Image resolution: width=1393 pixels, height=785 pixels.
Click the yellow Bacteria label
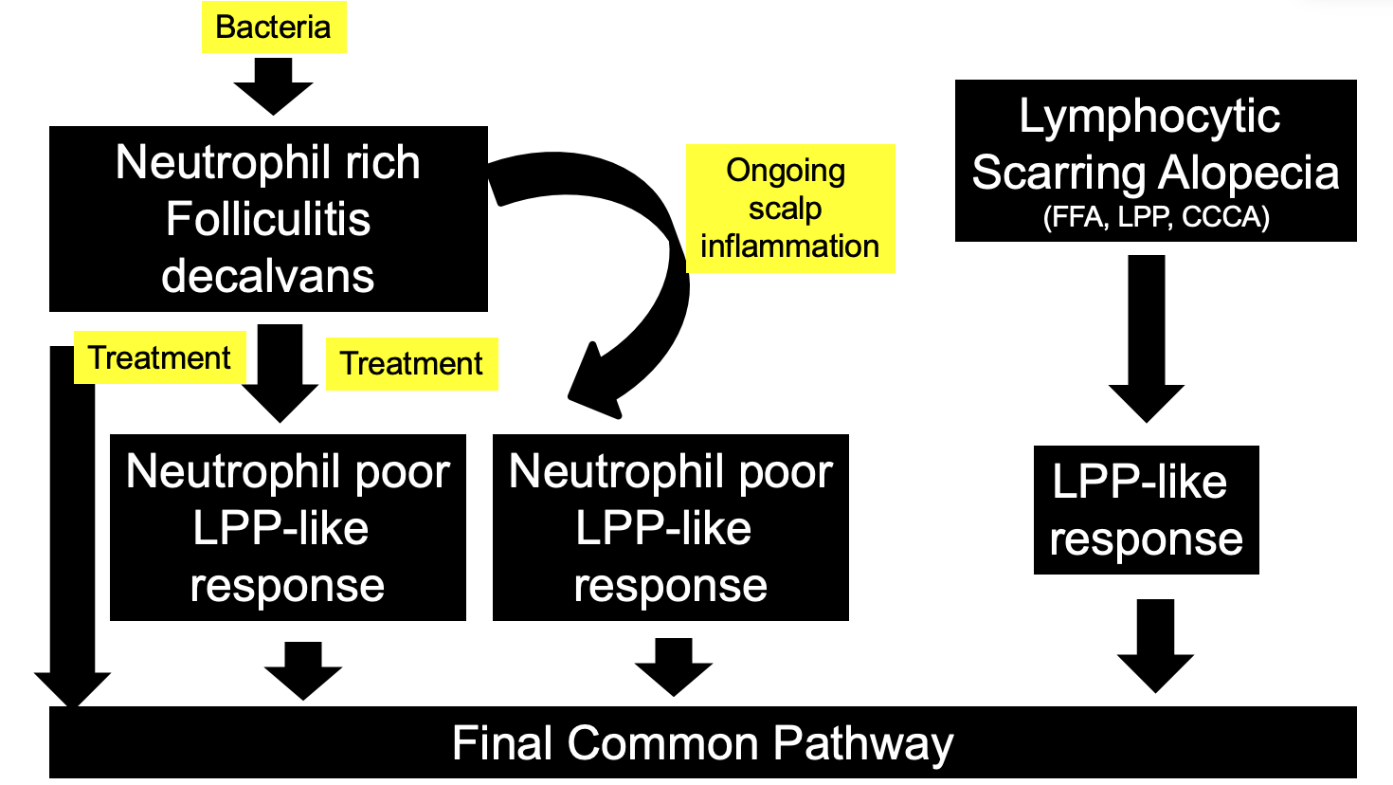(x=273, y=27)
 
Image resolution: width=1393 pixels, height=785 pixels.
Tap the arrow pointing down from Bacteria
(x=273, y=86)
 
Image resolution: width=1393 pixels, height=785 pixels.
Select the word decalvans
(x=268, y=276)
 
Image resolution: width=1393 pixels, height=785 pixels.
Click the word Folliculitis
(x=268, y=219)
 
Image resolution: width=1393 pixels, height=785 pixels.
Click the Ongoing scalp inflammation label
(x=789, y=209)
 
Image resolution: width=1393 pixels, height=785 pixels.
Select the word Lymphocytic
(x=1149, y=117)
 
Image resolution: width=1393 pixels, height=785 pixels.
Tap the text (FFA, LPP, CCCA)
(x=1155, y=217)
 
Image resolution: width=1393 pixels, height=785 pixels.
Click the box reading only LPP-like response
(x=1146, y=510)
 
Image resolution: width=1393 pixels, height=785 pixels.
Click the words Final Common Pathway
(x=702, y=743)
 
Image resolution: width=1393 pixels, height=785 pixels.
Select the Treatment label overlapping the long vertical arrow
(x=159, y=357)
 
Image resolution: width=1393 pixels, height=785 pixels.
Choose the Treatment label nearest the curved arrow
(x=411, y=363)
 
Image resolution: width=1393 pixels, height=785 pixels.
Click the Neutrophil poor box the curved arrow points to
(x=670, y=528)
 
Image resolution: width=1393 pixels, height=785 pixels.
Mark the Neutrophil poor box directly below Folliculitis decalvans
(x=287, y=528)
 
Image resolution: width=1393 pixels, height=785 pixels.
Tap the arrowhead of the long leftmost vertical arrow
(x=73, y=687)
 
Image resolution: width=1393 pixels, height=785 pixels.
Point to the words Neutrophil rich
(x=268, y=162)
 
